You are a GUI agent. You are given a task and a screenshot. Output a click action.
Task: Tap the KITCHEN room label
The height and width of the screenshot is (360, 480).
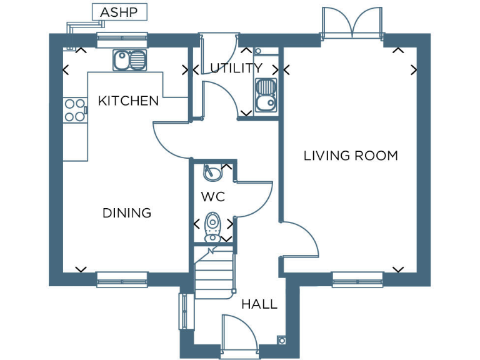click(128, 101)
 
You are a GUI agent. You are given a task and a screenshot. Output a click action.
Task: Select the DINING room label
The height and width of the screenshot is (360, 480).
click(127, 213)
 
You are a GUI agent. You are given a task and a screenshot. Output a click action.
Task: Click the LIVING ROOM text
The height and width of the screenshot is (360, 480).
click(351, 156)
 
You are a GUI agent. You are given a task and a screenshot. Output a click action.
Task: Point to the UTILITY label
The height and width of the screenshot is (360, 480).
click(236, 68)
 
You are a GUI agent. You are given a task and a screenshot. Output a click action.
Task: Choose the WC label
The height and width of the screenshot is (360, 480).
click(212, 197)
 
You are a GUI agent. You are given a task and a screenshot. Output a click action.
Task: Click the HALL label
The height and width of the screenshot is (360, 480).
click(259, 304)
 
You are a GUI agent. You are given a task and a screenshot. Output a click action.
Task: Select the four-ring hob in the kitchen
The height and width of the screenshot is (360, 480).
click(75, 110)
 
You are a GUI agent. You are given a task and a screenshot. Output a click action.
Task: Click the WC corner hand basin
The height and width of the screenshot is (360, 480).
click(212, 171)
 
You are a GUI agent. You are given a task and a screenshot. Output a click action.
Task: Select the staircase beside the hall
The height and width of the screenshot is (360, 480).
click(212, 272)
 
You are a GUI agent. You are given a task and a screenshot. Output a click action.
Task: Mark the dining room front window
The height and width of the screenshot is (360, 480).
click(122, 279)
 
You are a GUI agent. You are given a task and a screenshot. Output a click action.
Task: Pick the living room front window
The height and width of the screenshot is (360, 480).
click(357, 279)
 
